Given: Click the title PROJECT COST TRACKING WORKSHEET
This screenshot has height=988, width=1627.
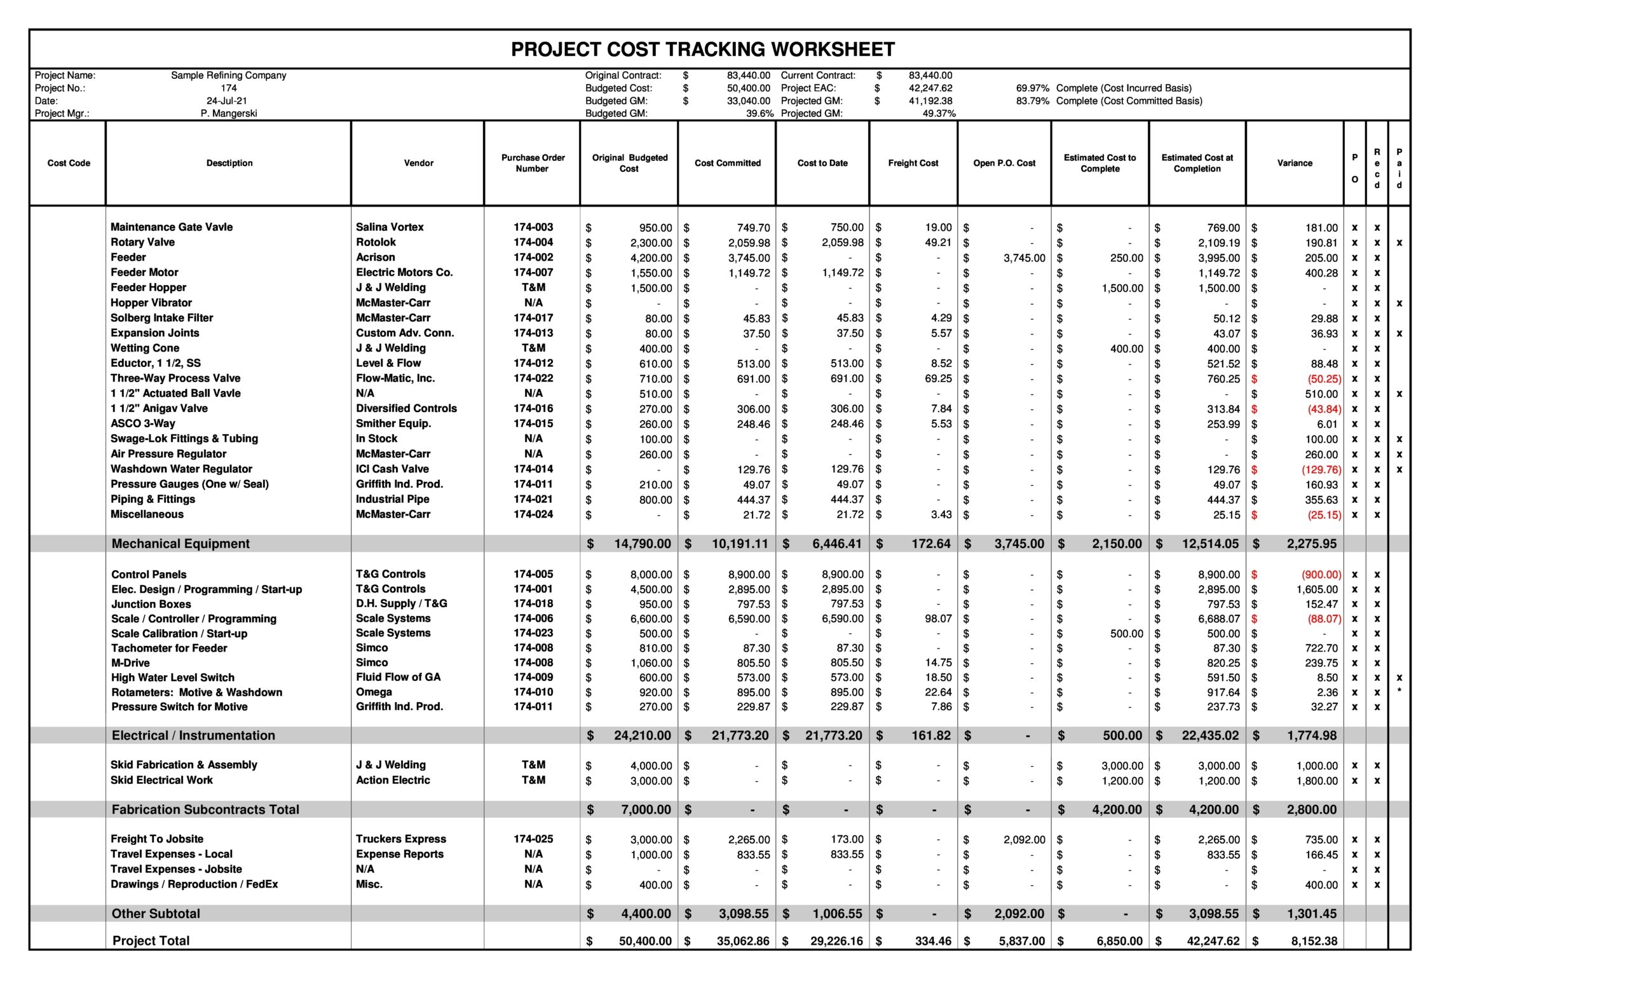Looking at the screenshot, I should [702, 50].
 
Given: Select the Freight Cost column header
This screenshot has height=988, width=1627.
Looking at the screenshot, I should [913, 163].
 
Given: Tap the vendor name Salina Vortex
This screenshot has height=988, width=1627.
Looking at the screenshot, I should [390, 227].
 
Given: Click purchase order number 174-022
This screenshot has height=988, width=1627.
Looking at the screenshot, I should [533, 378].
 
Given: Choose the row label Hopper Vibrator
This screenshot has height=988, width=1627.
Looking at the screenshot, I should [151, 303].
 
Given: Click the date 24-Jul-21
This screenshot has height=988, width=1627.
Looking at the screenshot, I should [226, 101].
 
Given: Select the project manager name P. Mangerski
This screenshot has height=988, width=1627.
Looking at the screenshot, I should [228, 114].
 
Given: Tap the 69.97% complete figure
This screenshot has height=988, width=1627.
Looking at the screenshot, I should [1032, 88].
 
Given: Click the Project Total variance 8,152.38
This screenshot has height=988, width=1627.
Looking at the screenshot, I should [1314, 941].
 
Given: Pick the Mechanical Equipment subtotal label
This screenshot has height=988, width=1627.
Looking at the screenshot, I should [180, 544].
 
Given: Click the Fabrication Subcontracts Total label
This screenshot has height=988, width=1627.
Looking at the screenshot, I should [205, 810].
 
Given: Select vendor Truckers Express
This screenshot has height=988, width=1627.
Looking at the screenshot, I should [401, 839].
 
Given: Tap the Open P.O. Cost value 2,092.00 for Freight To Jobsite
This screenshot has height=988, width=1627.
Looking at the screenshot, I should [1024, 840].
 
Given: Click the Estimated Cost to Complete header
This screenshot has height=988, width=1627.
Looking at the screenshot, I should [1099, 163].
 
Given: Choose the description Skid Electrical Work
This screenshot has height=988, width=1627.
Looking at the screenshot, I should [162, 781].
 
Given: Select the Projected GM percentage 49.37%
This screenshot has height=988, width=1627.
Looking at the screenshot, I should [938, 114].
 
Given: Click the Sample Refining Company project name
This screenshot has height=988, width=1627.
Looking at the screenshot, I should [228, 76].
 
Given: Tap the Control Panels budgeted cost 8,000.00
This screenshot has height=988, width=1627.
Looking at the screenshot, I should [650, 575].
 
